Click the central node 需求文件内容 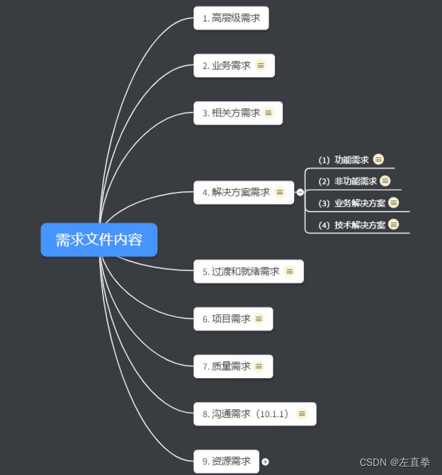98,240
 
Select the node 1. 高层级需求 231,18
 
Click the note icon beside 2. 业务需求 261,65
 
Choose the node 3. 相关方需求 231,113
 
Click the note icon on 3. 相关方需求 268,113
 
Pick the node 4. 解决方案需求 236,192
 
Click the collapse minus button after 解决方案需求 300,192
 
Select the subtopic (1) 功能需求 344,160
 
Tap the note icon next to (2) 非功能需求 385,181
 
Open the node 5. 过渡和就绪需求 241,271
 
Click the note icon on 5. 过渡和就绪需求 289,271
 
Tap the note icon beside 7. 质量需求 259,366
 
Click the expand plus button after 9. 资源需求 266,462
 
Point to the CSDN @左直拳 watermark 395,462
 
